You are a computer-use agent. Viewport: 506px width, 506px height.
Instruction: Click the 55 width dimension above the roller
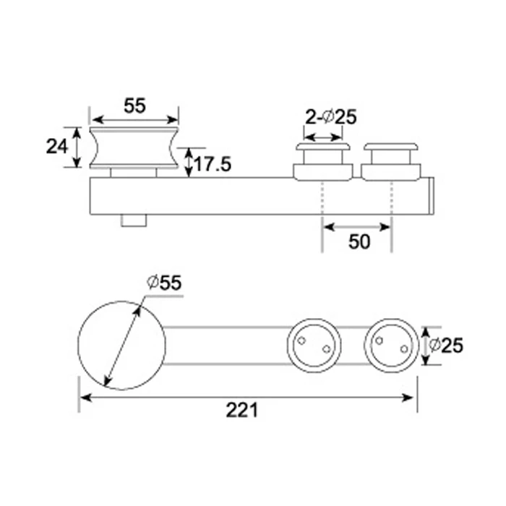(x=134, y=106)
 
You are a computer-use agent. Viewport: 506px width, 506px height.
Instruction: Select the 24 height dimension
(x=56, y=147)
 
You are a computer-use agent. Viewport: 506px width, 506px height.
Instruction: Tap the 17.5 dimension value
(x=212, y=164)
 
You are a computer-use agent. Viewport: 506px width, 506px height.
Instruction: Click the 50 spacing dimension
(x=359, y=241)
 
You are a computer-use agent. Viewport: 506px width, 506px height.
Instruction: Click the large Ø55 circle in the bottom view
(x=121, y=345)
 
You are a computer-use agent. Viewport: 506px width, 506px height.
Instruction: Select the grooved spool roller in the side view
(x=134, y=148)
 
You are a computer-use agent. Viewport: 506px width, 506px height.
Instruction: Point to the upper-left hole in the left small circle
(x=304, y=339)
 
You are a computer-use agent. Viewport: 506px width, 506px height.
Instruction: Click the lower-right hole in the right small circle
(x=403, y=350)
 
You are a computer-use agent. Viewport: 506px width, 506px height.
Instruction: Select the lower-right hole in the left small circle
(x=326, y=350)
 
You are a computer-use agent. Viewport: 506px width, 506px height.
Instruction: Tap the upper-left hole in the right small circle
(x=381, y=339)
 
